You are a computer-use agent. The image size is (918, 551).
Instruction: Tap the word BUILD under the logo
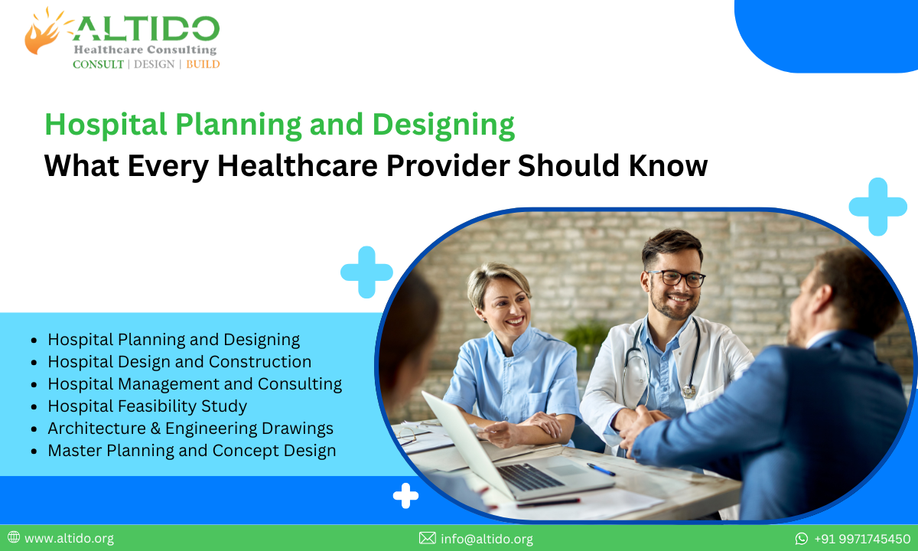(x=203, y=64)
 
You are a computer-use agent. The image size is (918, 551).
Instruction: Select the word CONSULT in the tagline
(x=98, y=64)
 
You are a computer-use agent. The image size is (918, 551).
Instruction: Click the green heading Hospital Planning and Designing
(x=279, y=125)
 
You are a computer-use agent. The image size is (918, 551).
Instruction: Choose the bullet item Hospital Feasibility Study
(x=147, y=406)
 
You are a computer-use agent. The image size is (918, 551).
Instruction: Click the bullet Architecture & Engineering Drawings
(x=190, y=428)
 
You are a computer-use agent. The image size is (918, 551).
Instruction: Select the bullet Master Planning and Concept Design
(x=191, y=451)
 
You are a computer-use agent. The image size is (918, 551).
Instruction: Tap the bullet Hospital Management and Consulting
(x=194, y=383)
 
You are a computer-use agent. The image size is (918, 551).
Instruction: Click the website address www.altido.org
(x=69, y=539)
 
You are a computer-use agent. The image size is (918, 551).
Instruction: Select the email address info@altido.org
(x=487, y=539)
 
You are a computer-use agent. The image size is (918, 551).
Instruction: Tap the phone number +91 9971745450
(x=862, y=539)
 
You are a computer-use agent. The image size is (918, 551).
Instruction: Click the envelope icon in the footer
(x=428, y=539)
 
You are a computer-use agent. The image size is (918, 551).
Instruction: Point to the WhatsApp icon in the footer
(x=801, y=539)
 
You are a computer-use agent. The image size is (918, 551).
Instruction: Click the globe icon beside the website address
(x=14, y=538)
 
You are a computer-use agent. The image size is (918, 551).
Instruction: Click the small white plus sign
(x=405, y=496)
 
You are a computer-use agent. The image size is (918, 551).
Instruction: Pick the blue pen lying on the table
(x=601, y=469)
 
